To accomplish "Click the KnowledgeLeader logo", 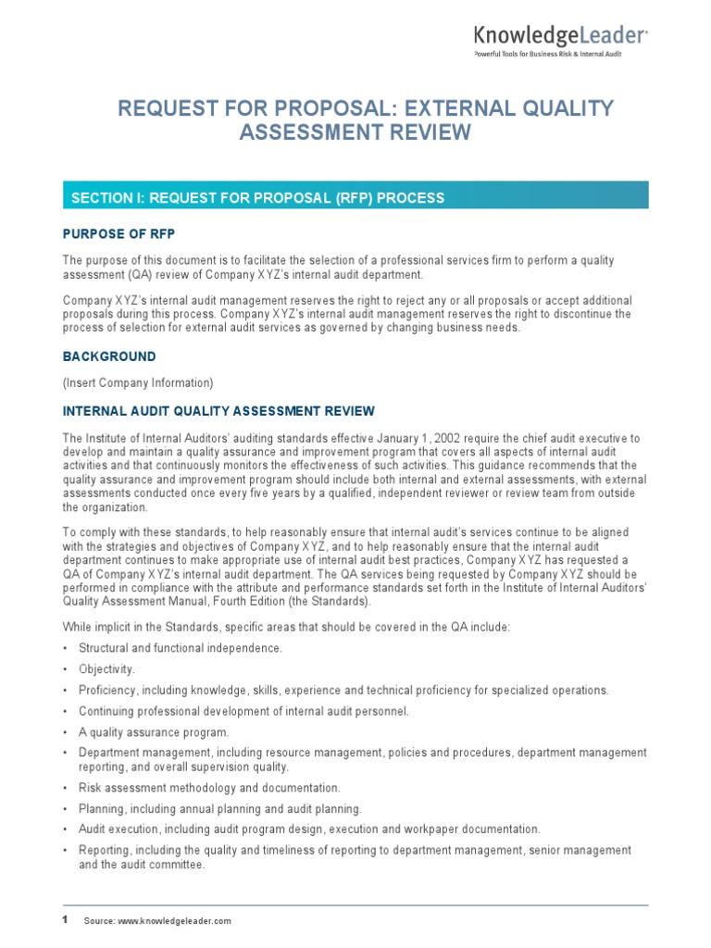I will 561,36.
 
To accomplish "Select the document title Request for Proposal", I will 365,120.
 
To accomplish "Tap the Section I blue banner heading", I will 253,197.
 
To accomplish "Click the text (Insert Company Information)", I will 138,382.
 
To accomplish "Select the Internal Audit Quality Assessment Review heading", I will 218,410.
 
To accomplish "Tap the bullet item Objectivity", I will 106,668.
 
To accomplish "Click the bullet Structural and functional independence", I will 181,648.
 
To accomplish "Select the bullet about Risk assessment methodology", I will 209,788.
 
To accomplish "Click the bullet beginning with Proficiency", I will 343,690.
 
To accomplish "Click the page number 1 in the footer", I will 66,920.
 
